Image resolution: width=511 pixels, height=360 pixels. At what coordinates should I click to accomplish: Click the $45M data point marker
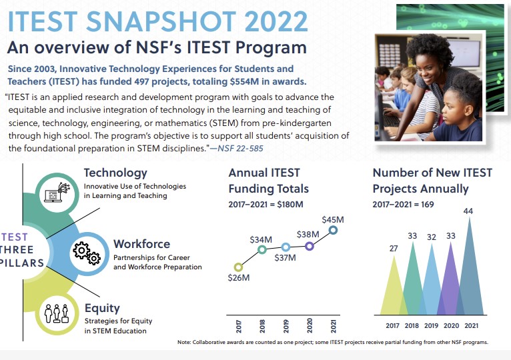tap(333, 231)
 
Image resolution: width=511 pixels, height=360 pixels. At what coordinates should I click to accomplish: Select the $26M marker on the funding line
tap(238, 267)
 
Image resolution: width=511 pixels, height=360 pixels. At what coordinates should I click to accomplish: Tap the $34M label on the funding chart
tap(261, 240)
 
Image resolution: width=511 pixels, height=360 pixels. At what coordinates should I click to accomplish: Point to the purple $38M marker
tap(310, 246)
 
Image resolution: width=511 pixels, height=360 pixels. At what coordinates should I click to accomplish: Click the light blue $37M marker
tap(286, 247)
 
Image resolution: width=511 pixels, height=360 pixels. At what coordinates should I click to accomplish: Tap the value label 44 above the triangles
tap(468, 211)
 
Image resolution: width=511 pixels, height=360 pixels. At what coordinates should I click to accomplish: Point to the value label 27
tap(394, 248)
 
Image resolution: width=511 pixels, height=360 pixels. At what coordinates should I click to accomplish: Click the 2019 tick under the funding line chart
tap(286, 326)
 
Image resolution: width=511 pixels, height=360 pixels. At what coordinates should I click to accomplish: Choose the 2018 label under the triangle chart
tap(412, 325)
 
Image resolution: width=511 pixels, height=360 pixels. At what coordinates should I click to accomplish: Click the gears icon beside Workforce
tap(87, 253)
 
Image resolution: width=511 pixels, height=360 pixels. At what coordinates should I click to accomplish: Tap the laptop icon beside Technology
tap(57, 193)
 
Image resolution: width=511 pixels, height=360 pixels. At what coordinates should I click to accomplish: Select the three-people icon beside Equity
tap(57, 313)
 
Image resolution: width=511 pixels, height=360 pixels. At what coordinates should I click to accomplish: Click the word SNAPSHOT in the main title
tap(161, 21)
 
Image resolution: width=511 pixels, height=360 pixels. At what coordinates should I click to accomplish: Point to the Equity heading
tap(102, 308)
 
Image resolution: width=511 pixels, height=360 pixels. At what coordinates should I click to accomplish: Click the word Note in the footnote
tap(184, 342)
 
